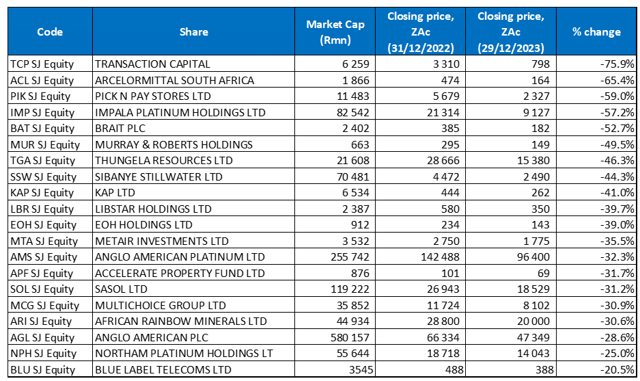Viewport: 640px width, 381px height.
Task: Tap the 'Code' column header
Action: point(50,32)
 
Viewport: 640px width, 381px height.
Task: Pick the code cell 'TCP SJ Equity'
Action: point(42,64)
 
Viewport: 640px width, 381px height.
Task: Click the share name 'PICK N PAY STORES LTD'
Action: point(153,96)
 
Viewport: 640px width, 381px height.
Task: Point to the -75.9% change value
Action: point(617,64)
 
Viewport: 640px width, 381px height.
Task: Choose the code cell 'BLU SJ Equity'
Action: point(43,370)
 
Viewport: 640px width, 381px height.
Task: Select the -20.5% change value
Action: point(617,370)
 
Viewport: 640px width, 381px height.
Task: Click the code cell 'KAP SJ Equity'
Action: point(43,193)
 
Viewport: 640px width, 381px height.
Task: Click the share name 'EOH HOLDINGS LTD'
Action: point(139,225)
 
